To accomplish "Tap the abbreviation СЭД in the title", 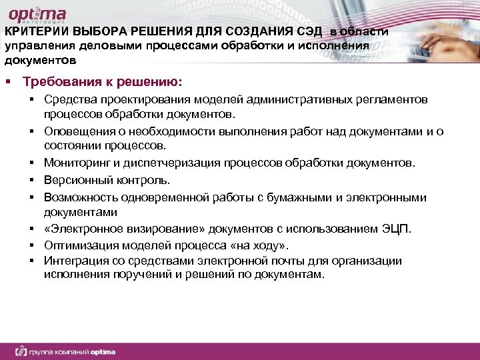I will (x=308, y=33).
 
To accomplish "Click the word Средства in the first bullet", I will (x=68, y=100).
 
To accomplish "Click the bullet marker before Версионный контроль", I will (x=31, y=180).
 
